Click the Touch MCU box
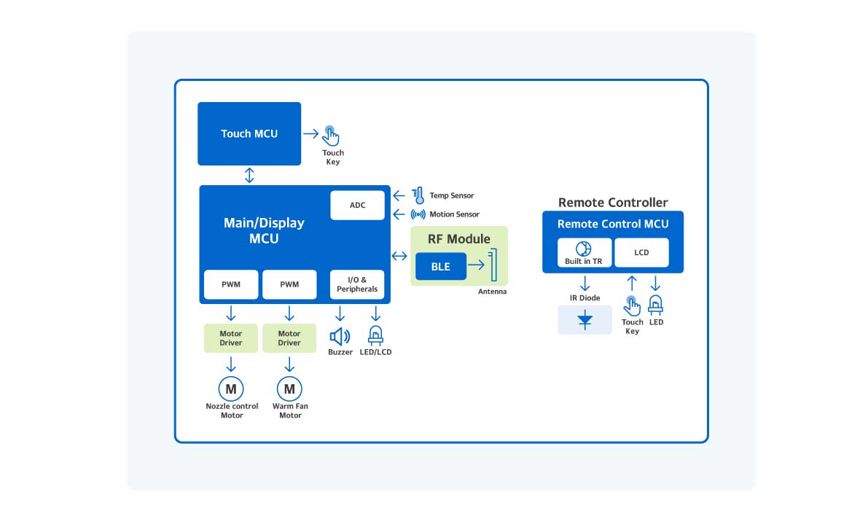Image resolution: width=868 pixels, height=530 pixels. pyautogui.click(x=249, y=133)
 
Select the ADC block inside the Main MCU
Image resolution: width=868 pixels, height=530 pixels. pyautogui.click(x=357, y=205)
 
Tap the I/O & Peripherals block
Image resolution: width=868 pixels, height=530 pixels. pyautogui.click(x=357, y=284)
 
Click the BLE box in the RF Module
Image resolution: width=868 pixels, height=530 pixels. pyautogui.click(x=440, y=267)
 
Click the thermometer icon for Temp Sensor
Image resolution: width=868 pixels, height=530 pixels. pyautogui.click(x=418, y=195)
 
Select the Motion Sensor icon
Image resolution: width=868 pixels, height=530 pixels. pyautogui.click(x=418, y=214)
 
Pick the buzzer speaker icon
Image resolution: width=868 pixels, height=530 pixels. pyautogui.click(x=340, y=336)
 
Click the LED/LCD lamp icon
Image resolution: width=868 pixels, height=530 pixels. pyautogui.click(x=376, y=335)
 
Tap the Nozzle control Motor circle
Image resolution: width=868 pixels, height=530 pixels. pyautogui.click(x=231, y=389)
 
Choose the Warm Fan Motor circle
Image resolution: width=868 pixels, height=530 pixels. pyautogui.click(x=289, y=389)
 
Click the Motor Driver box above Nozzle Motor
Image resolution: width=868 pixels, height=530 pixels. pyautogui.click(x=231, y=338)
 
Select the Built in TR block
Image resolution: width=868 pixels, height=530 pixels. pyautogui.click(x=584, y=252)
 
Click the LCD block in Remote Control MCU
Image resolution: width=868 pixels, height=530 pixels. pyautogui.click(x=641, y=252)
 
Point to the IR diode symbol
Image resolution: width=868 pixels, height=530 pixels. pyautogui.click(x=584, y=320)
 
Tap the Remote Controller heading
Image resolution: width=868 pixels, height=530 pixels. pyautogui.click(x=613, y=202)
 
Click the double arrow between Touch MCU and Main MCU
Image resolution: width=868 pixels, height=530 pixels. pyautogui.click(x=250, y=175)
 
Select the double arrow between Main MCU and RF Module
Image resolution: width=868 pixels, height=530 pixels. pyautogui.click(x=399, y=256)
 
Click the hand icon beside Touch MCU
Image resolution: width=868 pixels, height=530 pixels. pyautogui.click(x=332, y=136)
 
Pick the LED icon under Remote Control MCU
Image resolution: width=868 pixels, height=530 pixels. pyautogui.click(x=656, y=306)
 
